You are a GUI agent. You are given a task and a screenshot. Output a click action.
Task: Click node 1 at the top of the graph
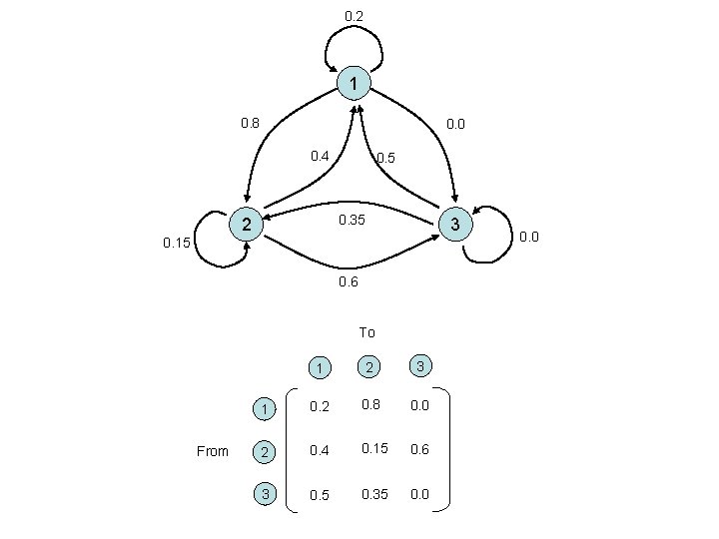[354, 82]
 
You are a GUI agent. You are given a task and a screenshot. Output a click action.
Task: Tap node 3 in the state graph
[454, 225]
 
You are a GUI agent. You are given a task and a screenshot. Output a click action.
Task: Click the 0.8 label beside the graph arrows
[250, 124]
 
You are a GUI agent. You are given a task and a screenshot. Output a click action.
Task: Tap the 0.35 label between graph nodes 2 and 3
[353, 220]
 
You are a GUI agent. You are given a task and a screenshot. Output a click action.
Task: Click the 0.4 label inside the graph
[320, 156]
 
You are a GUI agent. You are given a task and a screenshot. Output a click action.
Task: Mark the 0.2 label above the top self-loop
[354, 16]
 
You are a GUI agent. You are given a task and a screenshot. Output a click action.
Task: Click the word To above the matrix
[366, 332]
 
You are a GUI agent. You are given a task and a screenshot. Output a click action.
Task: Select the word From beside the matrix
[213, 451]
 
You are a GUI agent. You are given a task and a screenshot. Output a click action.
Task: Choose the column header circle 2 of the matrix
[367, 368]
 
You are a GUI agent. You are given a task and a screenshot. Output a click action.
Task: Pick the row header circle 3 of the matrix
[265, 494]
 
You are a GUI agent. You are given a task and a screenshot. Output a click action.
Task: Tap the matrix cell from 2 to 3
[420, 450]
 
